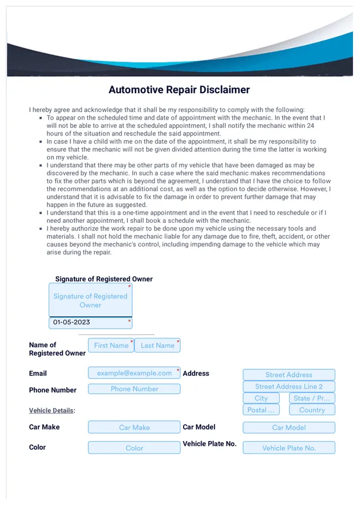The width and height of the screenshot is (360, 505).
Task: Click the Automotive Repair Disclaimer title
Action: (x=179, y=90)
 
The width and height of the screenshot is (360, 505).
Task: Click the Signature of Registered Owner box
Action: (x=90, y=300)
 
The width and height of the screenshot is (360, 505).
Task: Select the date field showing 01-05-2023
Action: (x=90, y=323)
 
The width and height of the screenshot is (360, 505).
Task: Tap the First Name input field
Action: (x=111, y=345)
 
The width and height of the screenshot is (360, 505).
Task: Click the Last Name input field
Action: (x=157, y=345)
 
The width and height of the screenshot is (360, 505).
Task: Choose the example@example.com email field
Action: (x=134, y=373)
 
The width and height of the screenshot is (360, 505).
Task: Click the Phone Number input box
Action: (x=134, y=389)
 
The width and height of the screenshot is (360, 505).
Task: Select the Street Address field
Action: (x=288, y=375)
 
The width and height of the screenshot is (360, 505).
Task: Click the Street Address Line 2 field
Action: (x=288, y=387)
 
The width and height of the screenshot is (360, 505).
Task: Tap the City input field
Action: (x=261, y=398)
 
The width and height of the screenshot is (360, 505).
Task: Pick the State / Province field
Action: (x=312, y=398)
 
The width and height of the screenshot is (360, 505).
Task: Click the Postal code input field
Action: (x=261, y=410)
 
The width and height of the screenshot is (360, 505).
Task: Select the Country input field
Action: (x=312, y=410)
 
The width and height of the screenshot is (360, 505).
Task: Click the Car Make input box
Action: (x=134, y=428)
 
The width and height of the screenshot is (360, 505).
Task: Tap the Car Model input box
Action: (x=288, y=428)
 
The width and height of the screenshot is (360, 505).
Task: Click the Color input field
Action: (x=134, y=448)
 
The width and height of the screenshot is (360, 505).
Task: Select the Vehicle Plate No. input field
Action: (x=288, y=448)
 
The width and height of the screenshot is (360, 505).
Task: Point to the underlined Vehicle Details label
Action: (x=52, y=411)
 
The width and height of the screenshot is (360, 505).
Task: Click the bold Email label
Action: (x=38, y=374)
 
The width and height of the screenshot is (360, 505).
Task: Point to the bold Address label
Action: (x=196, y=374)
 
